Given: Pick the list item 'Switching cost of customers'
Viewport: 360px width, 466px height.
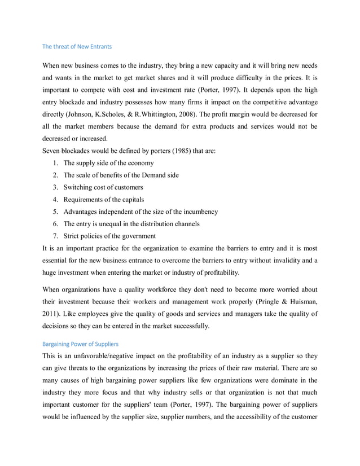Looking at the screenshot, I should tap(104, 187).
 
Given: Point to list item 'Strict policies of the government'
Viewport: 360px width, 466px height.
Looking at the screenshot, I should tap(110, 236).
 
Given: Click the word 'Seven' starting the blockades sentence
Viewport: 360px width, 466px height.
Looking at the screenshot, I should tap(53, 151).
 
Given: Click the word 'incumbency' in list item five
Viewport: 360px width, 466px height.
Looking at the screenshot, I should tap(198, 212).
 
